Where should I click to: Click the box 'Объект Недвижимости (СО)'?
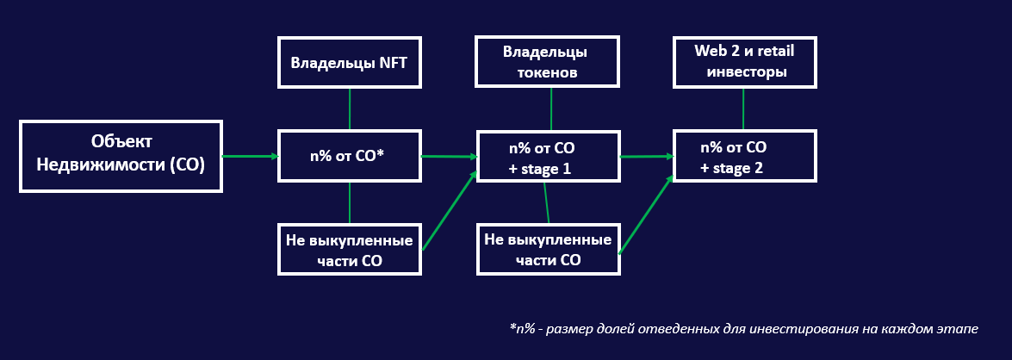point(121,156)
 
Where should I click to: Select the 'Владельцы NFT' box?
point(350,62)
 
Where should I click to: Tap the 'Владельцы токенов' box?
point(548,62)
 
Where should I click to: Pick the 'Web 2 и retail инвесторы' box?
point(745,62)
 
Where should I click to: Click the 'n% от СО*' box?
point(350,156)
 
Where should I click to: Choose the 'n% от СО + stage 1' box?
point(548,156)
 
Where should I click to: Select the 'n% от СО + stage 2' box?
point(745,156)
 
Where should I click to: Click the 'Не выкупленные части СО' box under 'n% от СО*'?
point(350,249)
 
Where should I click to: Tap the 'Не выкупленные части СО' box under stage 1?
point(548,249)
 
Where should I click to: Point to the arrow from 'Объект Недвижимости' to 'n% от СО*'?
point(250,156)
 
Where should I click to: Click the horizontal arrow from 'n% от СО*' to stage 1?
point(449,157)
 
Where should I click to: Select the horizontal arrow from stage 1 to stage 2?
point(646,157)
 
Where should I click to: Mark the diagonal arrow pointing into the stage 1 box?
point(450,210)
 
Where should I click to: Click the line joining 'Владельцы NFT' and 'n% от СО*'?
point(350,109)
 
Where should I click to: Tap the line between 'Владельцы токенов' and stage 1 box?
point(551,109)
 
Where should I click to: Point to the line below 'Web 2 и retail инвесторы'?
point(743,109)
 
